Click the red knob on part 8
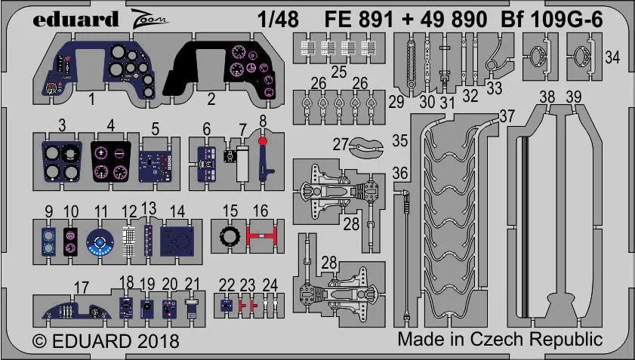pos(262,140)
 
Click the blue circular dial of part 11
pos(98,244)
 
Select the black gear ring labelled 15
pos(227,237)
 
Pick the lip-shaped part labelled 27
pos(368,149)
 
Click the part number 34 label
pos(613,57)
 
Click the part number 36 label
pos(400,173)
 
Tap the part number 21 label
pos(193,283)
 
